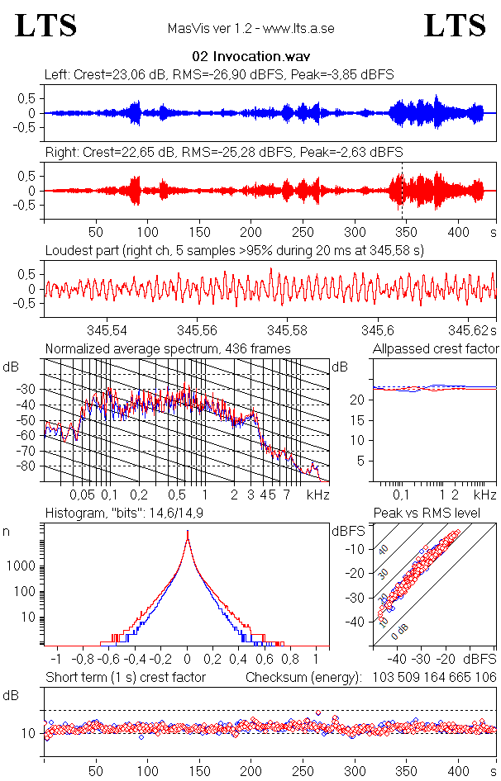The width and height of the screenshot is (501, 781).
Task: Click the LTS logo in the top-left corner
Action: click(x=46, y=26)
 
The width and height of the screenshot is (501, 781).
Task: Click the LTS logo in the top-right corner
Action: click(x=455, y=26)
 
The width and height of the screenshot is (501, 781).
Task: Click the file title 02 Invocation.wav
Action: click(x=250, y=57)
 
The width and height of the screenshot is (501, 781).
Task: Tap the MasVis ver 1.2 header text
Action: click(x=250, y=29)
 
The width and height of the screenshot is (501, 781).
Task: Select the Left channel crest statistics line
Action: click(x=219, y=75)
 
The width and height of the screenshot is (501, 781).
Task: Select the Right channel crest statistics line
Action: click(x=223, y=153)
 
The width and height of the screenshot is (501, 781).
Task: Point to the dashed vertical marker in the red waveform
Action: click(x=402, y=191)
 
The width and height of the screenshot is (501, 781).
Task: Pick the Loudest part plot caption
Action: click(x=234, y=250)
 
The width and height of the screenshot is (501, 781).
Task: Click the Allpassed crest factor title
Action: click(x=436, y=349)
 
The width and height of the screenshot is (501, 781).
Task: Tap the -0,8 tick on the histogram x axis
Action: click(x=83, y=660)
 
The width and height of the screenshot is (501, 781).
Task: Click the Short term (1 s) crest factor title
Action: click(x=125, y=678)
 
